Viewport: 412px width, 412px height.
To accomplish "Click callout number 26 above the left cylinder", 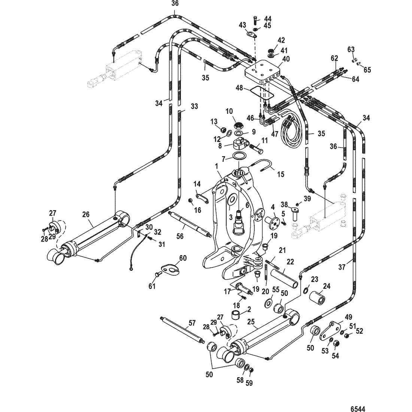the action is [86, 214].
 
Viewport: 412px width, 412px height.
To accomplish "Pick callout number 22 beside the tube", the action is [290, 262].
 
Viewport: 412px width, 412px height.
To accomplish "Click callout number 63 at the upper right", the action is [351, 49].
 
